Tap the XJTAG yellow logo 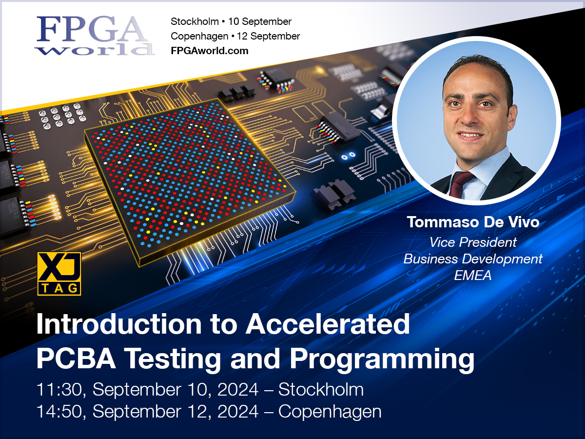(x=59, y=274)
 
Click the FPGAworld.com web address (x=209, y=51)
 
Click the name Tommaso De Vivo (x=472, y=222)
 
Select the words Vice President (x=472, y=242)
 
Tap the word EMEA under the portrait (x=472, y=276)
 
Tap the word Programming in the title (x=382, y=359)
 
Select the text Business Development (x=472, y=259)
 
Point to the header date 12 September (x=270, y=36)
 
